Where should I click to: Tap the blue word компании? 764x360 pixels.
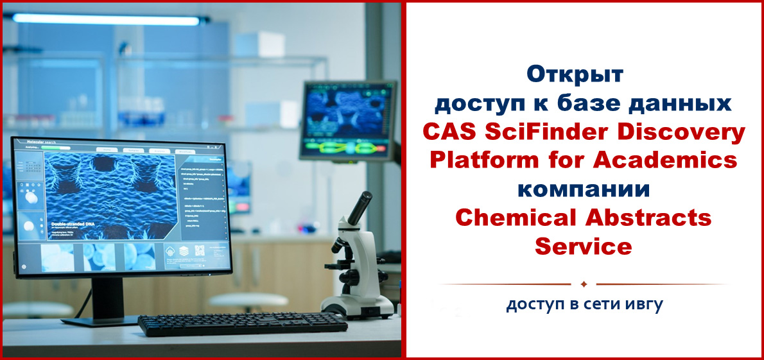(x=584, y=191)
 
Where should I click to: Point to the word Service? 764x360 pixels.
(x=584, y=246)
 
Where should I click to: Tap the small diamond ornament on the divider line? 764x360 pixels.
(x=584, y=284)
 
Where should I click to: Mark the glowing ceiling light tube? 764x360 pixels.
(x=106, y=20)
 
